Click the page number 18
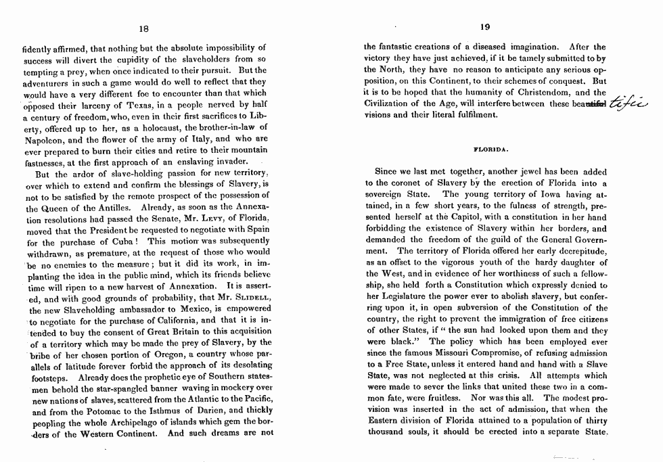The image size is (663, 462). [143, 28]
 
